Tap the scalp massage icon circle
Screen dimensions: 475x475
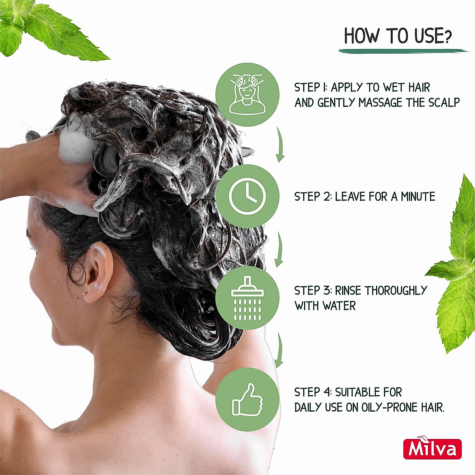click(247, 95)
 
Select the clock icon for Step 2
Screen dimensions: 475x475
click(247, 196)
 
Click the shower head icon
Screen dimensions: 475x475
click(247, 298)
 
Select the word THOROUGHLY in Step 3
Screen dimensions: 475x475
click(396, 291)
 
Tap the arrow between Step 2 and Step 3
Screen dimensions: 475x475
click(279, 249)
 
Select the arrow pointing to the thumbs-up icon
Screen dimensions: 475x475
click(279, 351)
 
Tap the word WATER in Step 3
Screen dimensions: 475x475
click(339, 306)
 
